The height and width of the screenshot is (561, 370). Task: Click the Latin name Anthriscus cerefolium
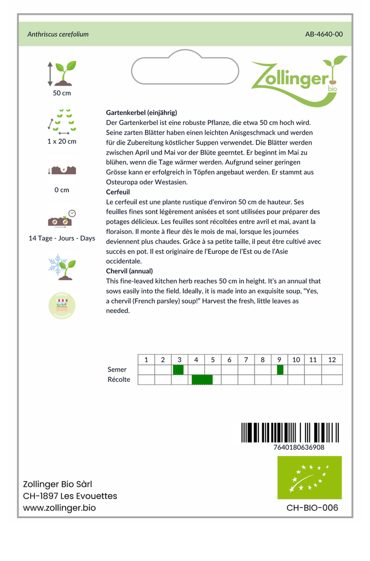pos(58,34)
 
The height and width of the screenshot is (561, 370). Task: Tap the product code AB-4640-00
pos(323,34)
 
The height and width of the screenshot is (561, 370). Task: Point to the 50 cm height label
pos(62,93)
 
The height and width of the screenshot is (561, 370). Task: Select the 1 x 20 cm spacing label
pos(62,141)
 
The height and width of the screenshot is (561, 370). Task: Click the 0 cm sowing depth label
pos(62,190)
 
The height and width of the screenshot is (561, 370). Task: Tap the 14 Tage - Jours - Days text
pos(62,238)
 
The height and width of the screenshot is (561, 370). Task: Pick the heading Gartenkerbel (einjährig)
pos(141,112)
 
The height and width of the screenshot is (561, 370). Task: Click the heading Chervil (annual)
pos(129,271)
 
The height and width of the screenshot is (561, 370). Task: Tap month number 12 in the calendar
pos(332,360)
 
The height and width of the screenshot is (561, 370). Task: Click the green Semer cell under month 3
pos(178,370)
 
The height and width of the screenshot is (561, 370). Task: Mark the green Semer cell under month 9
pos(280,370)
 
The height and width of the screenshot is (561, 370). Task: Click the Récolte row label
pos(119,380)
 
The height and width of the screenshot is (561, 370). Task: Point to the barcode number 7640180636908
pos(298,447)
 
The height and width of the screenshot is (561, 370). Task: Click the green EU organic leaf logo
pos(309,477)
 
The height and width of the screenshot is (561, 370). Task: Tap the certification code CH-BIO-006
pos(312,508)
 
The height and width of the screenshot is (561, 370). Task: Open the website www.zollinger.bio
pos(59,508)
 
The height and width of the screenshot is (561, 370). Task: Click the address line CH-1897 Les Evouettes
pos(70,496)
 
